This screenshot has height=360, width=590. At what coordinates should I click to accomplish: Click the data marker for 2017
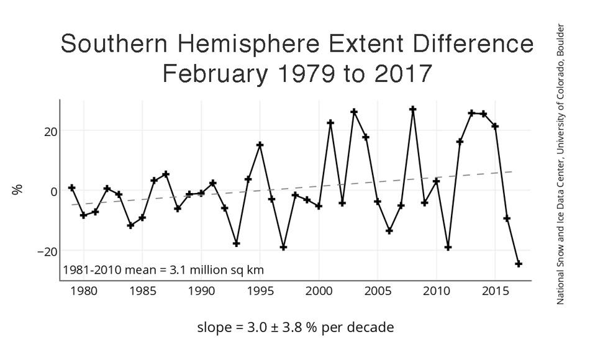(519, 264)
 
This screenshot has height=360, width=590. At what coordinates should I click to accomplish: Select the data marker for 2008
(412, 109)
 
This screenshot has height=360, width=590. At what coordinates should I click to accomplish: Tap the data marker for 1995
(260, 145)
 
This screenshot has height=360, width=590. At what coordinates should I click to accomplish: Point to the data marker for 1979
(72, 187)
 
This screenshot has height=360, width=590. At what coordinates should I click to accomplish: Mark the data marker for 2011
(448, 247)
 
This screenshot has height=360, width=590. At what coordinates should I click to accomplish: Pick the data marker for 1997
(284, 247)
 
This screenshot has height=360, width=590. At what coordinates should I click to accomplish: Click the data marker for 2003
(354, 112)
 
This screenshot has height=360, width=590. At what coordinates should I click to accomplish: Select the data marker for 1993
(237, 243)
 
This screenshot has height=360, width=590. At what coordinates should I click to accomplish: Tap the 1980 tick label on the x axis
(84, 290)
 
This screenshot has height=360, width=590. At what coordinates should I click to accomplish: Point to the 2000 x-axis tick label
(319, 290)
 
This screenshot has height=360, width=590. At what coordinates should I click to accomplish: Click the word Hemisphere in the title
(248, 45)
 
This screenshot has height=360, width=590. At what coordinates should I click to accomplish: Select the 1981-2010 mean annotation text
(163, 271)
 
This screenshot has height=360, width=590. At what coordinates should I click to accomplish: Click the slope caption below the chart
(295, 327)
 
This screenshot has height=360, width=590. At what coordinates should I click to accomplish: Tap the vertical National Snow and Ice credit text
(560, 164)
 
